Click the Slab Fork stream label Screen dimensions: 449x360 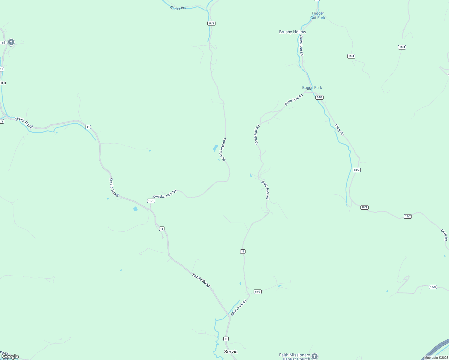(178, 8)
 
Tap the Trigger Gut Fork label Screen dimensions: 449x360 (318, 16)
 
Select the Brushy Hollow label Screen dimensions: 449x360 (292, 32)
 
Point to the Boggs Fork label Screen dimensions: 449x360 (312, 88)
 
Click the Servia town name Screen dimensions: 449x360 (231, 352)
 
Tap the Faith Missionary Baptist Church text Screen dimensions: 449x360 (294, 357)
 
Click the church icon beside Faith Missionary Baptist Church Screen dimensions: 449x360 (314, 356)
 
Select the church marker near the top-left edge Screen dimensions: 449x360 (11, 42)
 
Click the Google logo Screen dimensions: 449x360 (10, 356)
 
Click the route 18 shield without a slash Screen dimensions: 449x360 (243, 251)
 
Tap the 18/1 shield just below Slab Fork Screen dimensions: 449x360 (211, 23)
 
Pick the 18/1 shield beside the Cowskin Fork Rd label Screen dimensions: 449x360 (151, 201)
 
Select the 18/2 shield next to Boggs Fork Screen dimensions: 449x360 (319, 97)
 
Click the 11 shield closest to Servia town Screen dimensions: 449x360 (226, 339)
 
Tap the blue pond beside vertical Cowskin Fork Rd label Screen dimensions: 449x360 (215, 148)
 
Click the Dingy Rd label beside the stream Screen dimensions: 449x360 (339, 130)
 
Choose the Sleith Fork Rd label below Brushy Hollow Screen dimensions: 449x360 (301, 45)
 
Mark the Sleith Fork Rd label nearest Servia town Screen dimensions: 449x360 (239, 307)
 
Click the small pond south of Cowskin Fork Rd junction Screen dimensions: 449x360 (135, 209)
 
